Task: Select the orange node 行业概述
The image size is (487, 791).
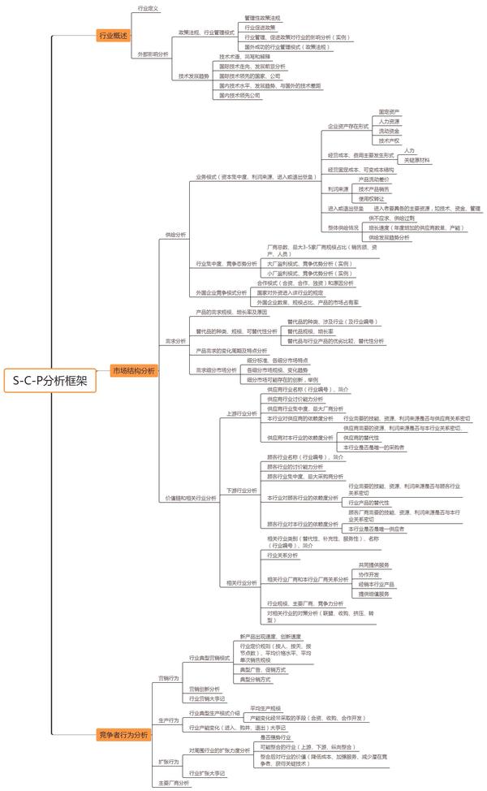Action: (112, 37)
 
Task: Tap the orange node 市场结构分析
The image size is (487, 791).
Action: (133, 348)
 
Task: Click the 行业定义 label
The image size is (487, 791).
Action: (146, 7)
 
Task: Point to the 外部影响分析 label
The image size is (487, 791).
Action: (153, 54)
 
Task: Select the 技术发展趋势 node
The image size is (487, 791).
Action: (195, 76)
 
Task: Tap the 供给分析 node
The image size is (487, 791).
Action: (175, 234)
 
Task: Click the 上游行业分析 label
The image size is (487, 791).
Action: (241, 413)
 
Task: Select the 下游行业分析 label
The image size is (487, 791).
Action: (241, 491)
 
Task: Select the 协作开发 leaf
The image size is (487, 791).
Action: (368, 574)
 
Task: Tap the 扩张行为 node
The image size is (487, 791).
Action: (168, 761)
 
